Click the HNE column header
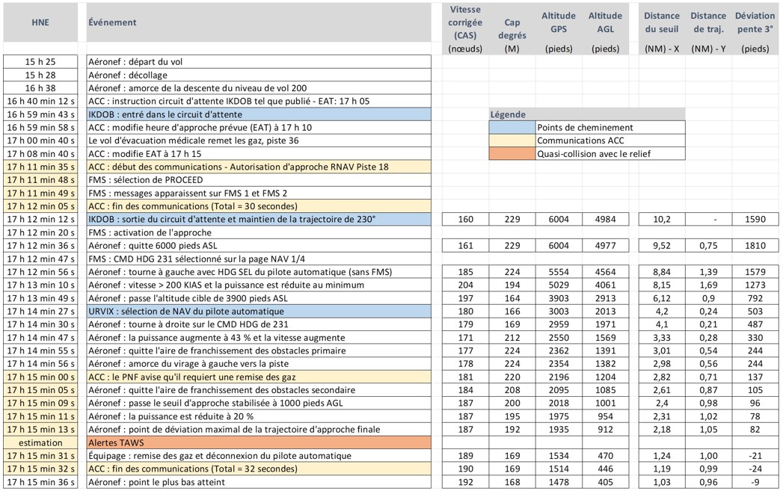click(x=40, y=22)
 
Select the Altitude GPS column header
click(x=559, y=22)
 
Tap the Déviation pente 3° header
click(x=755, y=22)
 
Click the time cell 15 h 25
click(x=40, y=62)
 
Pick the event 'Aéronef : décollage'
click(x=127, y=75)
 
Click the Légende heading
click(x=508, y=114)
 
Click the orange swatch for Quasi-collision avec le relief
click(x=512, y=154)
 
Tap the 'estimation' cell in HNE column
click(x=40, y=442)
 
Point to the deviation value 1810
click(x=756, y=245)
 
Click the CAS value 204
click(x=466, y=285)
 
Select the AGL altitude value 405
click(x=605, y=482)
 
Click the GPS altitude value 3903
click(x=559, y=297)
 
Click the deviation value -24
click(x=756, y=469)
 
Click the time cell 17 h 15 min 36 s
click(x=40, y=482)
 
